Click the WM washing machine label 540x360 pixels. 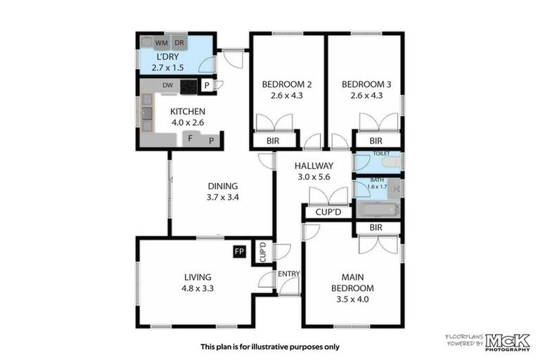tap(162, 43)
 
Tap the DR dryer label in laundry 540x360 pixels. tap(179, 43)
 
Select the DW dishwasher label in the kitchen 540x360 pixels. tap(167, 86)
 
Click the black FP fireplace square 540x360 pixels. tap(239, 251)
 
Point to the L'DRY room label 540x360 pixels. tap(167, 56)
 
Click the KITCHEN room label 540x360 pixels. tap(188, 111)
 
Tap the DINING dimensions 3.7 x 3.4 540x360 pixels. tap(223, 198)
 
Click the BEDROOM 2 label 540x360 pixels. tap(287, 85)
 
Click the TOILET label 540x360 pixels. tap(381, 153)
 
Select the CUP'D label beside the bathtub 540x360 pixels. tap(328, 212)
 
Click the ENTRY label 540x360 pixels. tap(289, 274)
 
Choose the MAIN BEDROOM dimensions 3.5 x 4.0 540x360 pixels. tap(353, 299)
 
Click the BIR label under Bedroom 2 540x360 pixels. tap(274, 141)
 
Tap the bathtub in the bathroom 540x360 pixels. tap(378, 210)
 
